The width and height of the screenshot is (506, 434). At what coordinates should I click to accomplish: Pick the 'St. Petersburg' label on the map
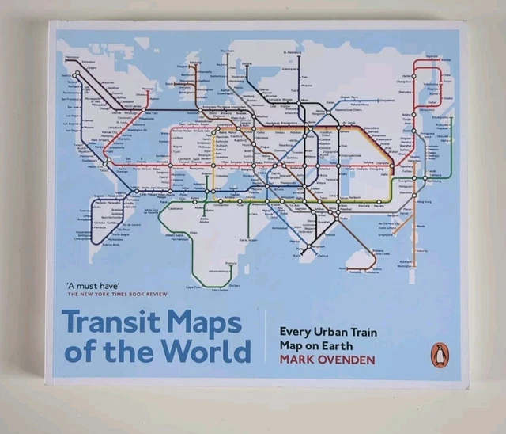coord(295,54)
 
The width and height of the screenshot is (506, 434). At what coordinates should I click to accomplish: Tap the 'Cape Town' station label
coord(194,287)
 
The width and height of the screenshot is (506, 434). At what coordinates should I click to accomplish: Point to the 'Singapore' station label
coord(385,234)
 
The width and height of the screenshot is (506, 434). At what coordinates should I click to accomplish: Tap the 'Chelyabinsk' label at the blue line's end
coord(386,101)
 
